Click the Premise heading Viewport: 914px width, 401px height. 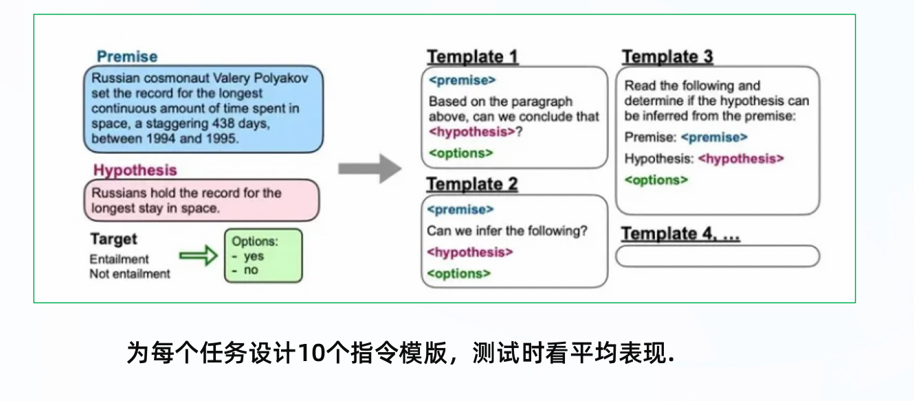[x=127, y=56]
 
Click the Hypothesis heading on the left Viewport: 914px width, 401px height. [x=135, y=170]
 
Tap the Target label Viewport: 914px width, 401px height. [x=113, y=239]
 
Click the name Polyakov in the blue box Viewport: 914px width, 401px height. [x=278, y=78]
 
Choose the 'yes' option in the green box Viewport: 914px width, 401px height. [x=254, y=256]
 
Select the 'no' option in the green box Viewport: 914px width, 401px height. [x=251, y=270]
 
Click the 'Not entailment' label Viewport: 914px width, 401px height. [x=130, y=274]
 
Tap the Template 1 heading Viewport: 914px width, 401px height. [x=473, y=56]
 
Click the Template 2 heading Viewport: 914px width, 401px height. [x=472, y=184]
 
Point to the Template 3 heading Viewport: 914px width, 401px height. [x=667, y=56]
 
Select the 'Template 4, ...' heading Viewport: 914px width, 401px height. [x=680, y=234]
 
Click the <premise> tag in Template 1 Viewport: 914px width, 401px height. [x=462, y=80]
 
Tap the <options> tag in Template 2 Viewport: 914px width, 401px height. [x=458, y=274]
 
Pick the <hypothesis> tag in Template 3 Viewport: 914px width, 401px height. [x=741, y=159]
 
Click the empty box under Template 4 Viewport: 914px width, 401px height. [x=717, y=256]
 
